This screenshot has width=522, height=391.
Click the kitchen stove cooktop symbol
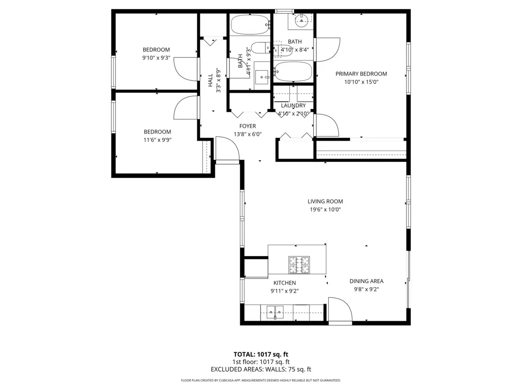[x=299, y=265]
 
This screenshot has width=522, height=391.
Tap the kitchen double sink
[x=275, y=312]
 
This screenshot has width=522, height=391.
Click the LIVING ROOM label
[x=325, y=201]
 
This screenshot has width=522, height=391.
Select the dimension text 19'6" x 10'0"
[x=325, y=209]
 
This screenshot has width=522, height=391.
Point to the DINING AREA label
[x=366, y=281]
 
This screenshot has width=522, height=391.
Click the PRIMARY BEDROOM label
[x=361, y=74]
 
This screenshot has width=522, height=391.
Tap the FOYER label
[x=248, y=127]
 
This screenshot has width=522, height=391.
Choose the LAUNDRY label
[x=294, y=105]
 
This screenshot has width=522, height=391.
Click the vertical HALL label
[x=211, y=80]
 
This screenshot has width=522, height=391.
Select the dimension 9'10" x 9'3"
[x=156, y=58]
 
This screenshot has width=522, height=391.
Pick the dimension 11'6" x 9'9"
[x=157, y=140]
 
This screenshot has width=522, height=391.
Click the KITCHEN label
[x=285, y=283]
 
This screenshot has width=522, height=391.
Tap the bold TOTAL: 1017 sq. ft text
[x=261, y=354]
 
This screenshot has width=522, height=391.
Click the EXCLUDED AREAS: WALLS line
[x=261, y=369]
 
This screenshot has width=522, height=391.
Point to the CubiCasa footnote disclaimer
[x=261, y=380]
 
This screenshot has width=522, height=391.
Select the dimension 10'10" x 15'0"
[x=361, y=82]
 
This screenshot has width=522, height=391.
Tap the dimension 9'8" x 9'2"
[x=366, y=289]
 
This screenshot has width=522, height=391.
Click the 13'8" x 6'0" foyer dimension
[x=248, y=134]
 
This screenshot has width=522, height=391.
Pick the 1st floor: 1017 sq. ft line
[x=261, y=362]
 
